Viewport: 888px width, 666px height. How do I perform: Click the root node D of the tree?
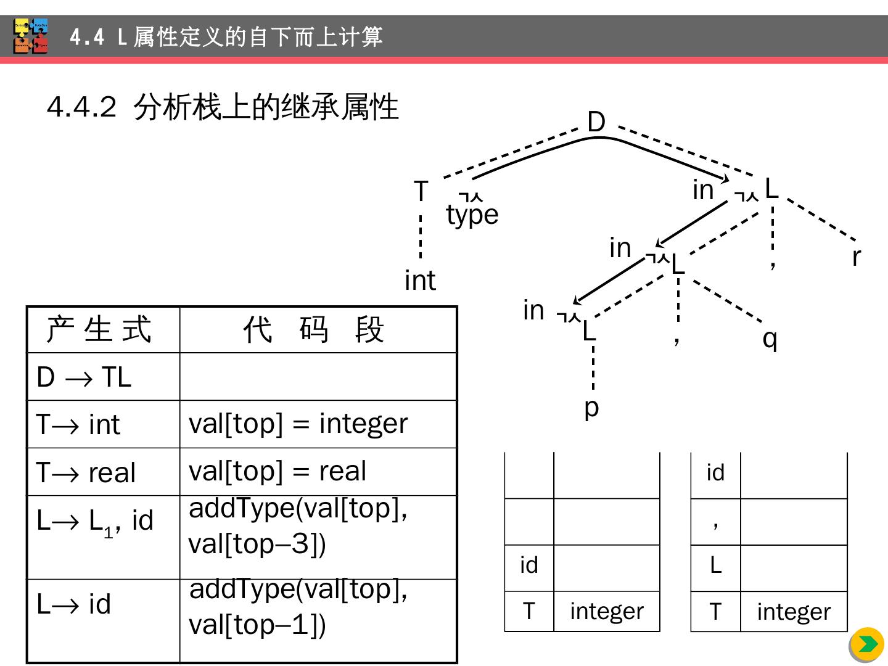596,122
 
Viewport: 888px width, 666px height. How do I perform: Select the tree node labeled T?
421,191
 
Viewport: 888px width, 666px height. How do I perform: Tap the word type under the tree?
472,215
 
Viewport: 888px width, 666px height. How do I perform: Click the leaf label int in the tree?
420,281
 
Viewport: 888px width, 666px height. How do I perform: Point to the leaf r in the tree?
856,257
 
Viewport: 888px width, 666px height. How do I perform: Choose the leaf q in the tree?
770,339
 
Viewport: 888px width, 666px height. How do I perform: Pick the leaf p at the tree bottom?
591,408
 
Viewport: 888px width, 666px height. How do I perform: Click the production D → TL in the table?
84,377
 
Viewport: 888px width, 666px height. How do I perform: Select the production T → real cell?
86,473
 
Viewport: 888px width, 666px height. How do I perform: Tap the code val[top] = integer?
298,424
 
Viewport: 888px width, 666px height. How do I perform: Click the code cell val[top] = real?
277,472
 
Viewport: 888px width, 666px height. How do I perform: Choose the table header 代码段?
314,329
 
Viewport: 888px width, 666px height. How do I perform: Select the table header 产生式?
99,329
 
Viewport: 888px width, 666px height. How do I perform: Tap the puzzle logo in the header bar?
31,36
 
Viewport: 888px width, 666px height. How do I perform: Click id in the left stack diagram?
529,565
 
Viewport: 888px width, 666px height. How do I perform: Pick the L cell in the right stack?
715,565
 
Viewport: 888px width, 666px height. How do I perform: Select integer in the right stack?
794,612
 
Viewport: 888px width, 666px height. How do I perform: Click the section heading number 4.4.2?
81,107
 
